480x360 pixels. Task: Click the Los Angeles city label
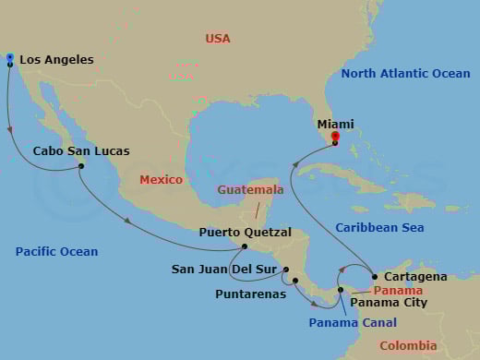point(56,60)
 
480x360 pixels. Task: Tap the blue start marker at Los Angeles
point(9,57)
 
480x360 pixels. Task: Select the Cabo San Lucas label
point(81,150)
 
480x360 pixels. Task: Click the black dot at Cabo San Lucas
point(81,166)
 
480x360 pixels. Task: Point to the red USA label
point(218,39)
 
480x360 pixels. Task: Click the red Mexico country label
point(161,180)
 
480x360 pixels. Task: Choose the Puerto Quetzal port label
point(246,233)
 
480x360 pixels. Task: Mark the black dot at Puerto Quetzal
point(244,246)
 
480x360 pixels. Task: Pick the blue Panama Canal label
point(353,322)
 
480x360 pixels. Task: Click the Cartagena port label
point(416,276)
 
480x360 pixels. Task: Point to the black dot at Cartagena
point(374,277)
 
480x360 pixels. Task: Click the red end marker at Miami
point(334,136)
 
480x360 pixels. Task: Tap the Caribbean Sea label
point(378,227)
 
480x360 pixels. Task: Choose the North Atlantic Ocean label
point(405,74)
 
